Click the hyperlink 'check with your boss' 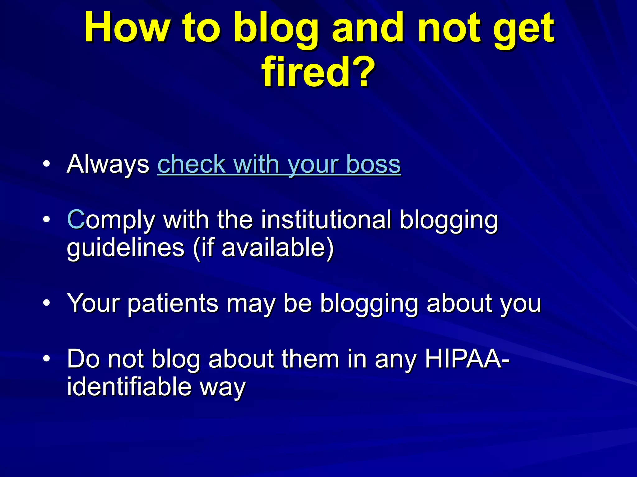click(x=279, y=164)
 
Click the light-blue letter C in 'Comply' click(x=76, y=220)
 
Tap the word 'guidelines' click(x=126, y=248)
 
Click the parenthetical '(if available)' click(x=263, y=248)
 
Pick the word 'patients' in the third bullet click(x=173, y=303)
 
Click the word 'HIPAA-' click(x=467, y=359)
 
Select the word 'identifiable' click(x=129, y=387)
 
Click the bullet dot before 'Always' click(x=46, y=164)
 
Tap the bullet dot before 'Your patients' click(x=46, y=303)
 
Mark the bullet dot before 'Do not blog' click(x=46, y=359)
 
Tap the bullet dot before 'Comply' click(x=46, y=220)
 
